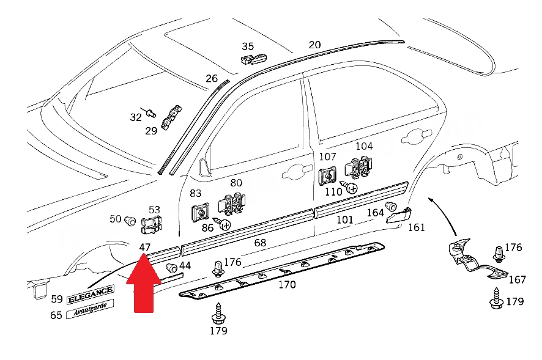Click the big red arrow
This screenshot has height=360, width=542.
click(x=144, y=284)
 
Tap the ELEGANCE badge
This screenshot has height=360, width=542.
click(x=91, y=295)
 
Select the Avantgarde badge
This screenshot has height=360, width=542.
click(x=90, y=309)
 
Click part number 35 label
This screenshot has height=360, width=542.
click(x=248, y=46)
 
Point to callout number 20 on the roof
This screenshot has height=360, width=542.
click(x=314, y=45)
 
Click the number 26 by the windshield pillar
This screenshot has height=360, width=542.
click(x=212, y=78)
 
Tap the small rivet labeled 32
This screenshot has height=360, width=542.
click(x=151, y=113)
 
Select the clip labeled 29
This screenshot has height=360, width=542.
click(x=171, y=117)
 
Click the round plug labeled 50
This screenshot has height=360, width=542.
click(x=130, y=221)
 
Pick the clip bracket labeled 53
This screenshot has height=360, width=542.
click(x=151, y=224)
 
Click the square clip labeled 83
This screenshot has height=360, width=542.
click(x=201, y=213)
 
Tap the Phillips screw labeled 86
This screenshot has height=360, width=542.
click(x=222, y=224)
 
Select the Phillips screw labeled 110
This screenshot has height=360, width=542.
click(x=349, y=187)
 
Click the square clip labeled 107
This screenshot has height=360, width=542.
click(x=327, y=176)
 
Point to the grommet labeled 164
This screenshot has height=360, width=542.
click(x=391, y=206)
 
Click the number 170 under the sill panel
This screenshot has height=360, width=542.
click(x=287, y=285)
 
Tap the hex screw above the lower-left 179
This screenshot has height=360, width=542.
click(x=218, y=313)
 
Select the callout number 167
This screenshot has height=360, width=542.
click(x=517, y=279)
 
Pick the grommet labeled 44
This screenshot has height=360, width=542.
click(x=171, y=268)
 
